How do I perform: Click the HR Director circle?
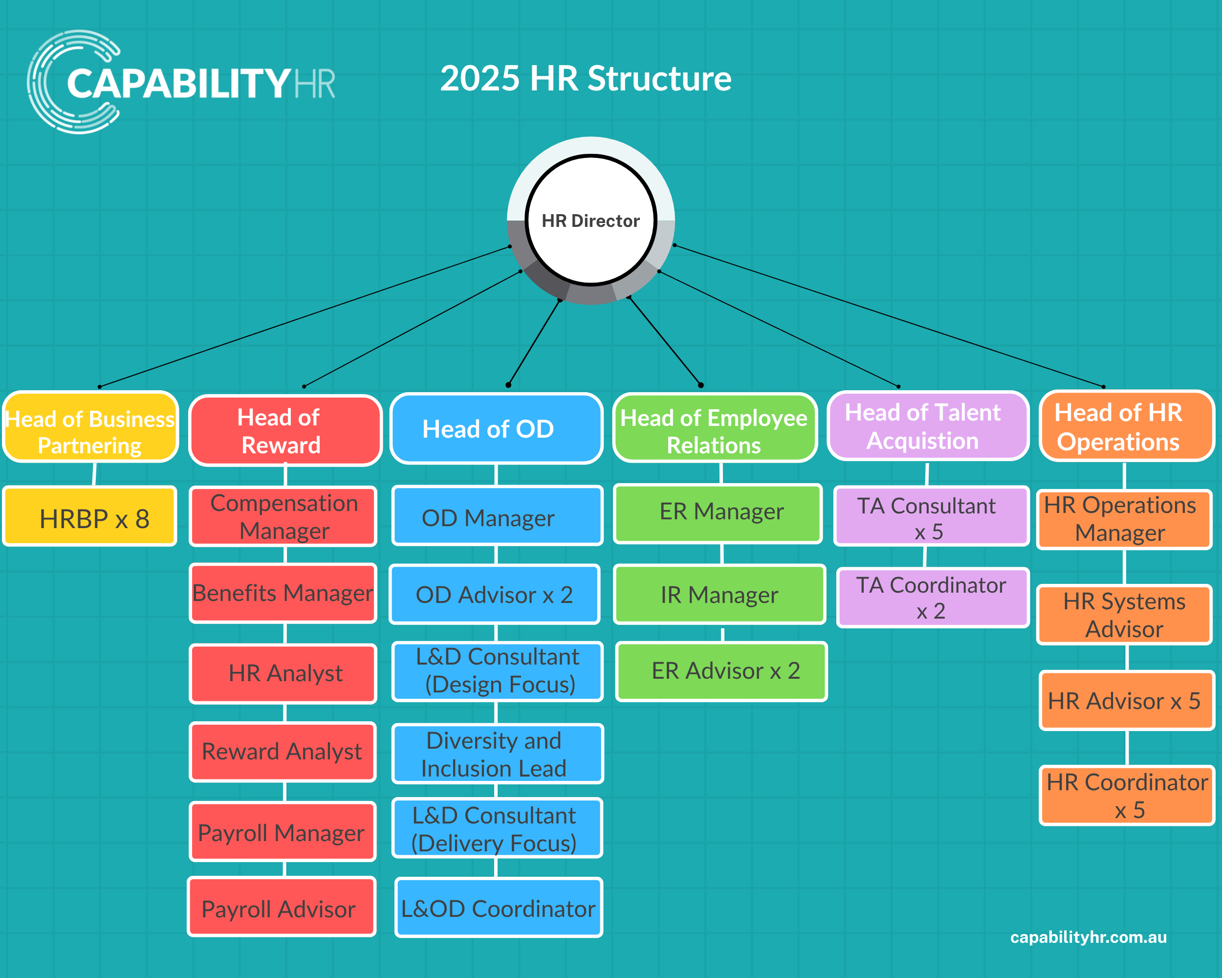(590, 220)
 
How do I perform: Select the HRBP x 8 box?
(89, 516)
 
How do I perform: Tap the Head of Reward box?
(285, 430)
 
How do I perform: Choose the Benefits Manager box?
(283, 593)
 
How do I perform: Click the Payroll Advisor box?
(282, 907)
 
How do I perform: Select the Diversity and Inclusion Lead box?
(497, 754)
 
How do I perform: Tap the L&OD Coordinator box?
(499, 907)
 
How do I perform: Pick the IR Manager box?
(720, 594)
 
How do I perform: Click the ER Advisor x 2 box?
(721, 671)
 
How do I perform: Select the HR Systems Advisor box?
(1125, 615)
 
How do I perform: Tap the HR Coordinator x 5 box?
(1127, 796)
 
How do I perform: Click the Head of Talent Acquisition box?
(928, 426)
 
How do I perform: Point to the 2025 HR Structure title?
(586, 78)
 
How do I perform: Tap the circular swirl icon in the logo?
(74, 82)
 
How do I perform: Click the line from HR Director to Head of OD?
(534, 342)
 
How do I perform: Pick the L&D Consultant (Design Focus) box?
(497, 671)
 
